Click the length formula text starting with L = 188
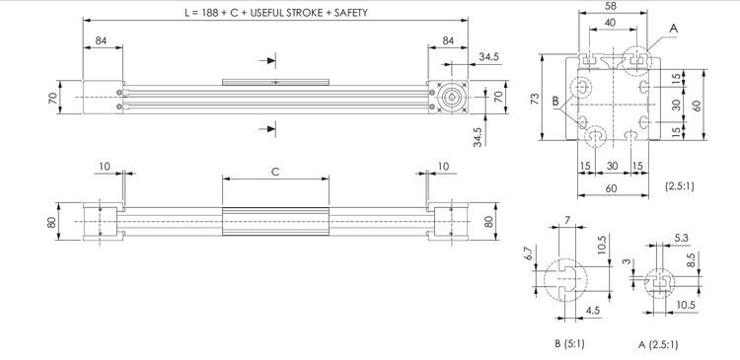coord(275,13)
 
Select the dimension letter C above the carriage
coord(275,172)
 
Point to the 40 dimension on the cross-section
coord(610,22)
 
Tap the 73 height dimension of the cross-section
coord(535,99)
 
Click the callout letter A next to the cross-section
coord(674,29)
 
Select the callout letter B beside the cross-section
coord(555,101)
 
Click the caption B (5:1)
coord(569,344)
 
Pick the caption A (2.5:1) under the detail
coord(658,345)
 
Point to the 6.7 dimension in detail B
coord(529,253)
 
